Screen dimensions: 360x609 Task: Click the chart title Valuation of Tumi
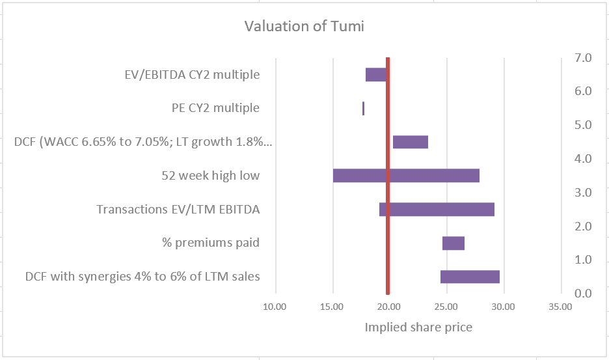pyautogui.click(x=304, y=27)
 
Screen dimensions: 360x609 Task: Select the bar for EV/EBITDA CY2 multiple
pyautogui.click(x=375, y=75)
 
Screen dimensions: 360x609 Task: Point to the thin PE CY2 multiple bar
pyautogui.click(x=363, y=109)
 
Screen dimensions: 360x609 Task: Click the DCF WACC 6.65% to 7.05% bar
pyautogui.click(x=411, y=142)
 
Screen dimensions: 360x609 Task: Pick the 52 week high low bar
pyautogui.click(x=406, y=176)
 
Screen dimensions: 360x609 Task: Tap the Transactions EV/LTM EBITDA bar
pyautogui.click(x=437, y=210)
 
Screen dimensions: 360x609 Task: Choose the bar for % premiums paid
pyautogui.click(x=453, y=243)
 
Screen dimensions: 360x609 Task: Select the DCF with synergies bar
pyautogui.click(x=470, y=277)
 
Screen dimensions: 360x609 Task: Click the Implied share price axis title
pyautogui.click(x=418, y=327)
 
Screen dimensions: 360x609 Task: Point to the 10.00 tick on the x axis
pyautogui.click(x=275, y=307)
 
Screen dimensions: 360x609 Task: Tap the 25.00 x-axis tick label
pyautogui.click(x=446, y=307)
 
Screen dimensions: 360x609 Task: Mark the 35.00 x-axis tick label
pyautogui.click(x=560, y=307)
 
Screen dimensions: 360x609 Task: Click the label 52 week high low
pyautogui.click(x=210, y=176)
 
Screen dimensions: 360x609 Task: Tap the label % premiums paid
pyautogui.click(x=210, y=243)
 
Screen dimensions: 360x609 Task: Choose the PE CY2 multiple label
pyautogui.click(x=211, y=108)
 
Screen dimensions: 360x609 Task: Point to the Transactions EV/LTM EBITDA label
pyautogui.click(x=178, y=210)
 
